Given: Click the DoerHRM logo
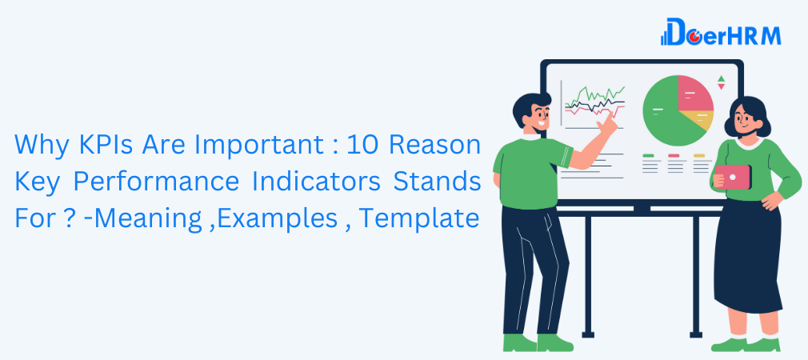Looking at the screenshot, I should pyautogui.click(x=720, y=34).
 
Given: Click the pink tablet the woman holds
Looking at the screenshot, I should pyautogui.click(x=737, y=177).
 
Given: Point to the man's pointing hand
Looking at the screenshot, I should pyautogui.click(x=609, y=123).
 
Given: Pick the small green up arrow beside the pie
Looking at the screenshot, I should pyautogui.click(x=721, y=79).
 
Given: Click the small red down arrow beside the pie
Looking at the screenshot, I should pyautogui.click(x=721, y=88).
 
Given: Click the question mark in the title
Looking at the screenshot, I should pyautogui.click(x=52, y=217).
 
